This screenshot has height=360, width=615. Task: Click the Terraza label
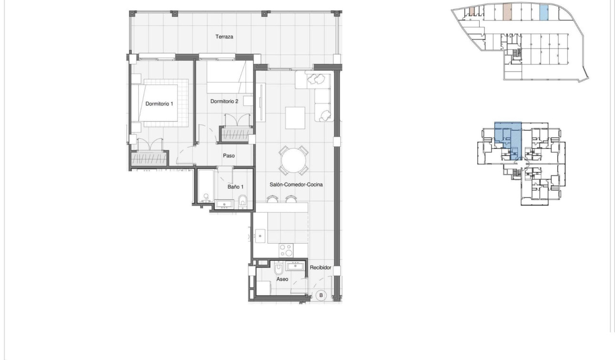[224, 37]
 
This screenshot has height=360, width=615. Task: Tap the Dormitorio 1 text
[160, 103]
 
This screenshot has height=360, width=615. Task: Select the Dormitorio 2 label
[224, 101]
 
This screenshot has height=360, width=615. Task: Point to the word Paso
[229, 155]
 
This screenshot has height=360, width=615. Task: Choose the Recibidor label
[320, 267]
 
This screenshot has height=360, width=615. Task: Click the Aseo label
[282, 279]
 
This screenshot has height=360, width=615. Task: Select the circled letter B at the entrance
[321, 296]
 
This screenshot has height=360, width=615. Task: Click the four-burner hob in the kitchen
[286, 250]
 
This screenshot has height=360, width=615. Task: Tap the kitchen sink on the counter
[260, 236]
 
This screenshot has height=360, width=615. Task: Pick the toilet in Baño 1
[243, 202]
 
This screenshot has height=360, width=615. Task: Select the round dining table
[294, 161]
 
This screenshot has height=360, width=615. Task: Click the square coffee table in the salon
[295, 117]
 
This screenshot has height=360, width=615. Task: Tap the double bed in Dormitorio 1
[160, 103]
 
